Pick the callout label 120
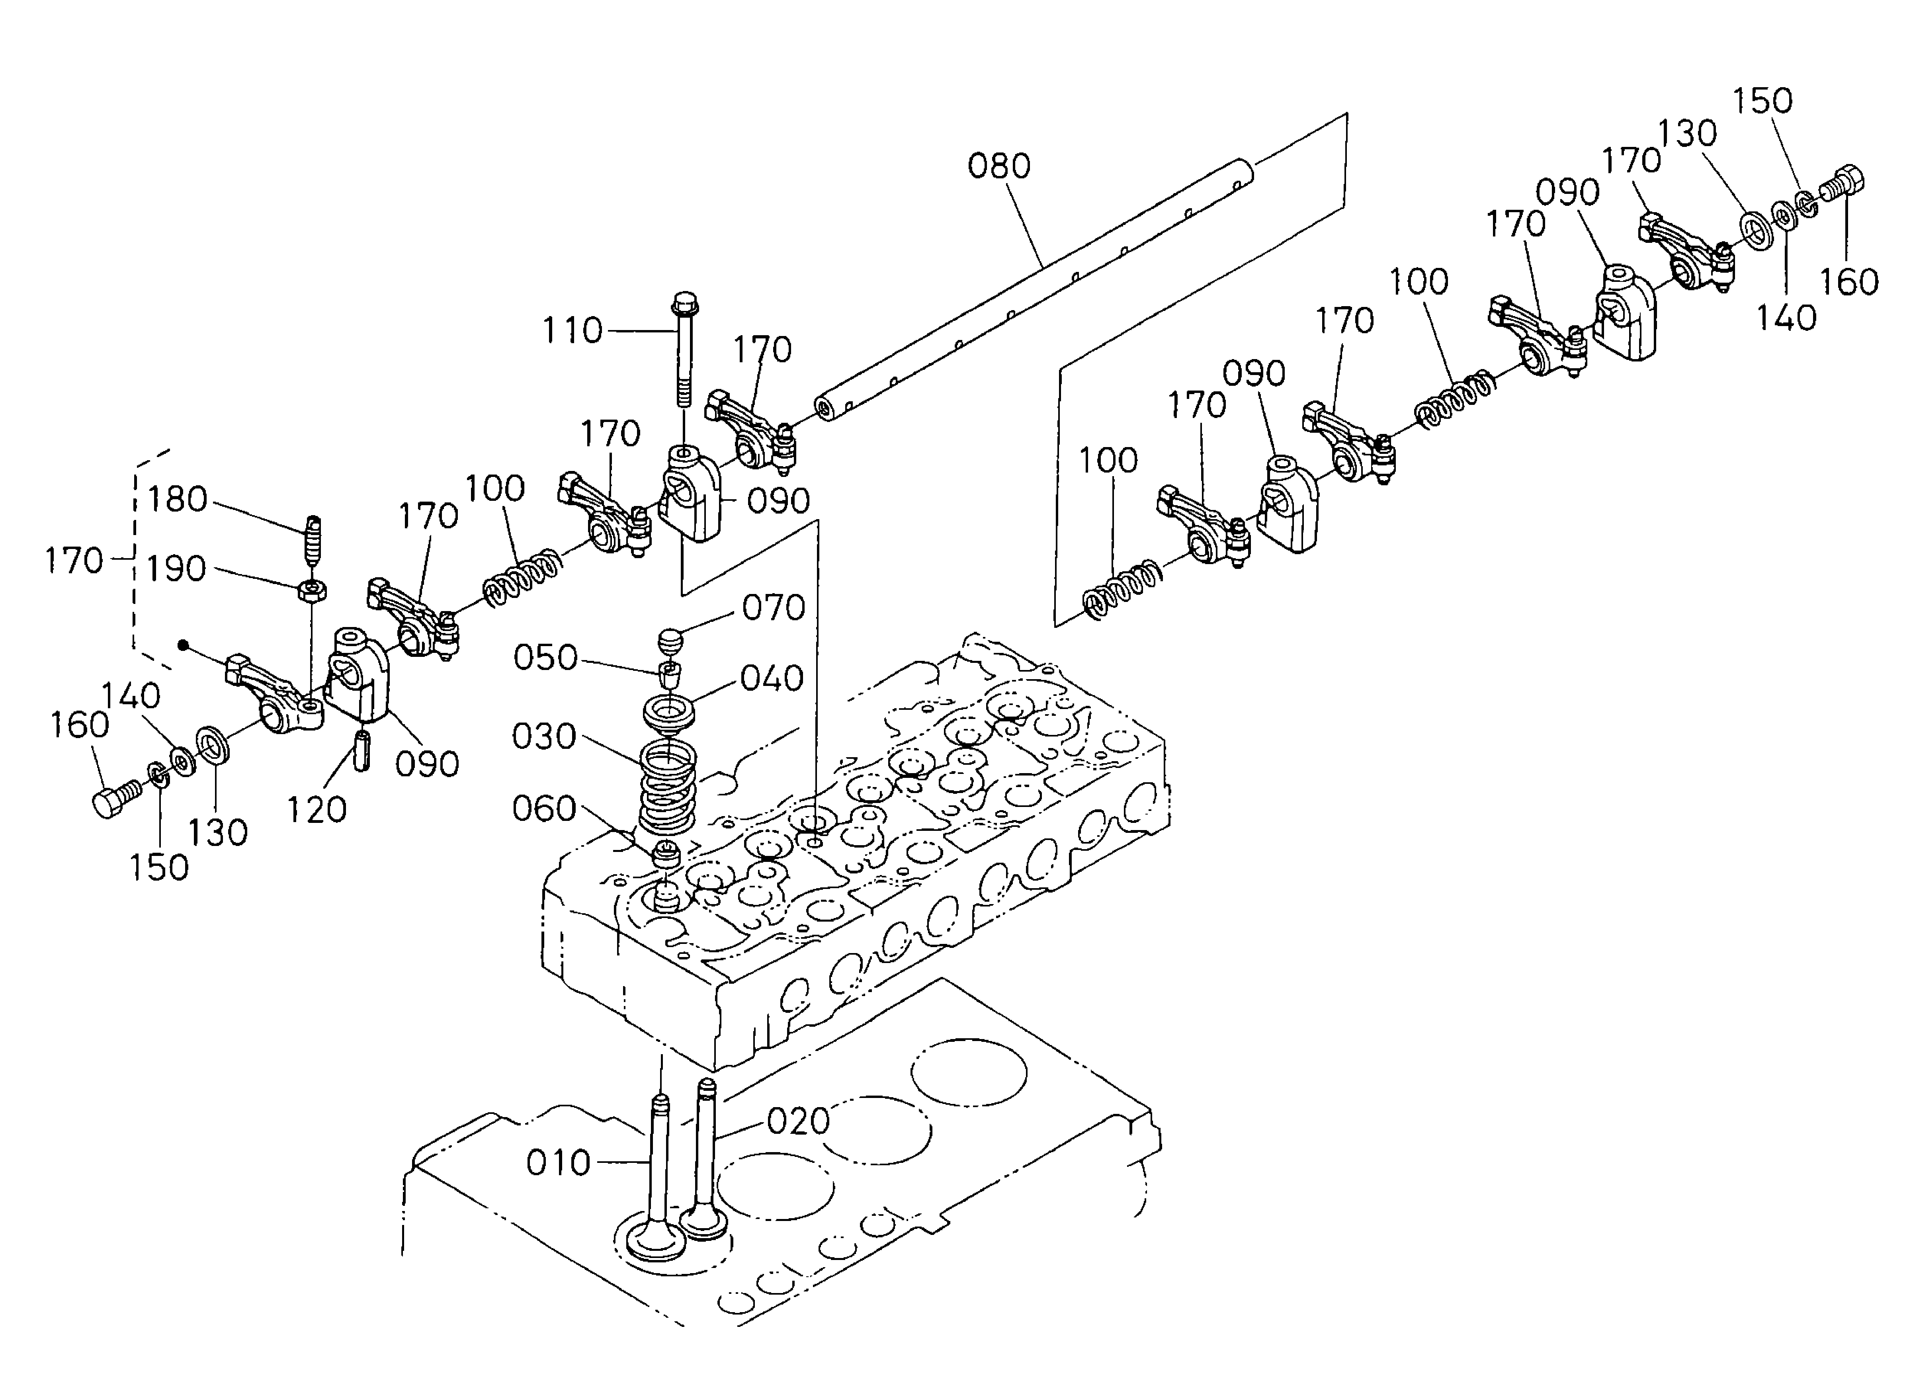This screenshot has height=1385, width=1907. tap(316, 810)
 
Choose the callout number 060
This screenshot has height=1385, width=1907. tap(544, 809)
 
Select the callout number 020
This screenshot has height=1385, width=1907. tap(798, 1121)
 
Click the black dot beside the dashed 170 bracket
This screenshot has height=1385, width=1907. tap(182, 645)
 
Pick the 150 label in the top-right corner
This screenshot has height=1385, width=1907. tap(1762, 101)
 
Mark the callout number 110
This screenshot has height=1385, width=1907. tap(572, 331)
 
